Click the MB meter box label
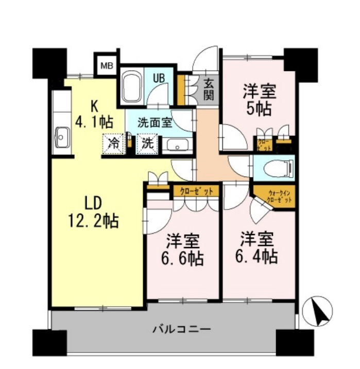point(107,65)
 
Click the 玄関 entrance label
point(209,89)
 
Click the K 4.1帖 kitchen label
point(95,114)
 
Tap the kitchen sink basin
point(62,138)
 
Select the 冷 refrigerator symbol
point(114,144)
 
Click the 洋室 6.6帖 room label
point(183,249)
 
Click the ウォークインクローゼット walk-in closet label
point(280,196)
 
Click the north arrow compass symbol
point(319,312)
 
